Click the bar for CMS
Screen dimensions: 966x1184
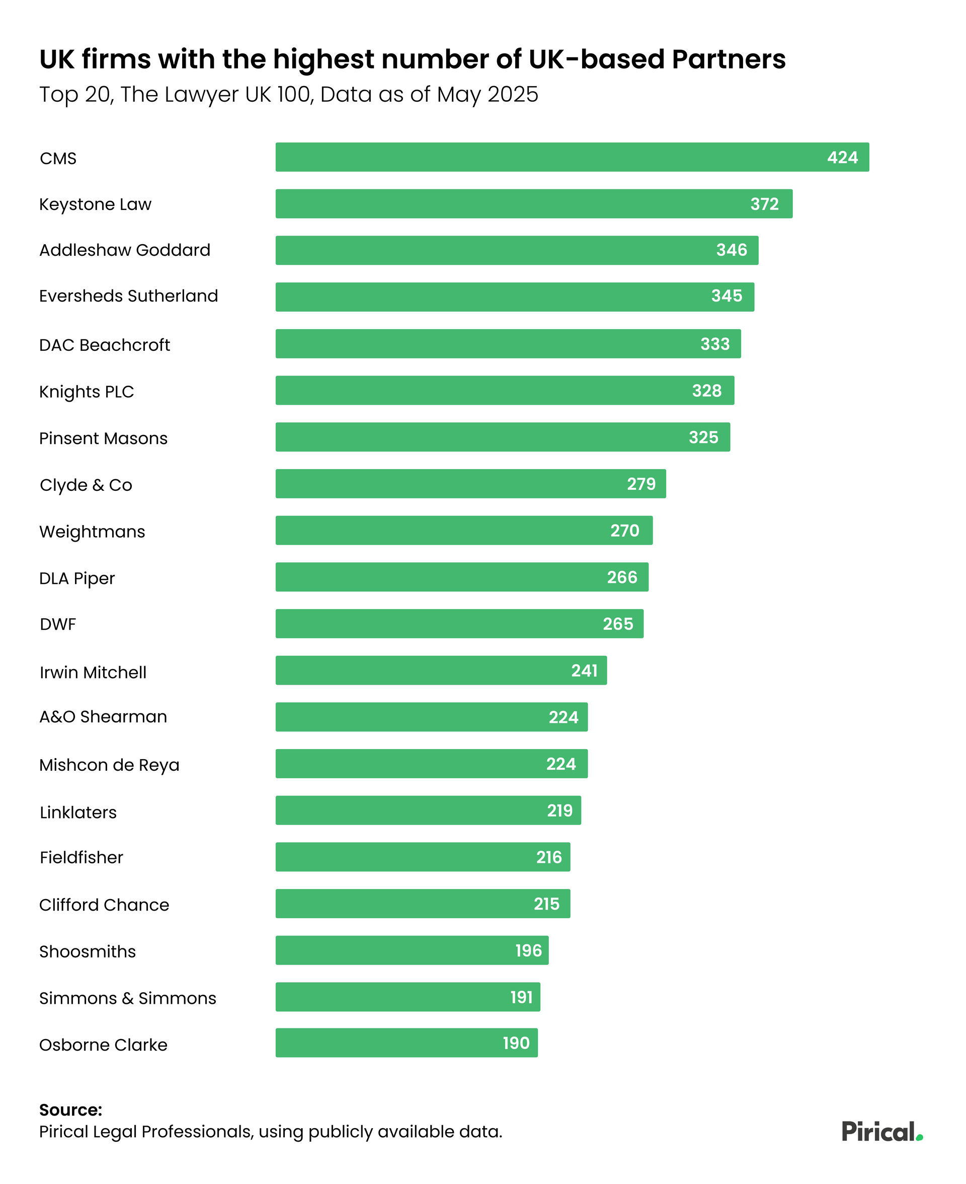572,157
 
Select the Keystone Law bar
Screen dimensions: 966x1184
534,204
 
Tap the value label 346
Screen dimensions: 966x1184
731,250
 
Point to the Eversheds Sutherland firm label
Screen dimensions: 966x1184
128,295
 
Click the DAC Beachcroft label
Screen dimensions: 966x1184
105,345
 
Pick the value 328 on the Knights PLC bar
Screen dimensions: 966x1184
707,391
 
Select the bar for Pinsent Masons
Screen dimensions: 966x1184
503,437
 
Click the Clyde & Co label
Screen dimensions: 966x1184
86,485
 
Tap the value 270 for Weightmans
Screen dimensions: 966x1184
625,531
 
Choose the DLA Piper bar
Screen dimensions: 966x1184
462,577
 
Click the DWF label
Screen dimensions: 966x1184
58,625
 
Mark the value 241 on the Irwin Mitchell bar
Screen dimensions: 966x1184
584,670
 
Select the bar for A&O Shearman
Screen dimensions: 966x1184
431,717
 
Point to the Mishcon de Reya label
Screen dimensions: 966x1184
110,765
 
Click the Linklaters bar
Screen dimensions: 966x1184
428,810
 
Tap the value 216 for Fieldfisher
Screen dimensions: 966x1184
549,857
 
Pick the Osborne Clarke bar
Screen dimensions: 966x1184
406,1043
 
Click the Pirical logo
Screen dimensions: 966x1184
882,1132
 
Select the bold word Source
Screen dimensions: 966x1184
70,1110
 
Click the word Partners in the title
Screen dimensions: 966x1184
729,59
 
